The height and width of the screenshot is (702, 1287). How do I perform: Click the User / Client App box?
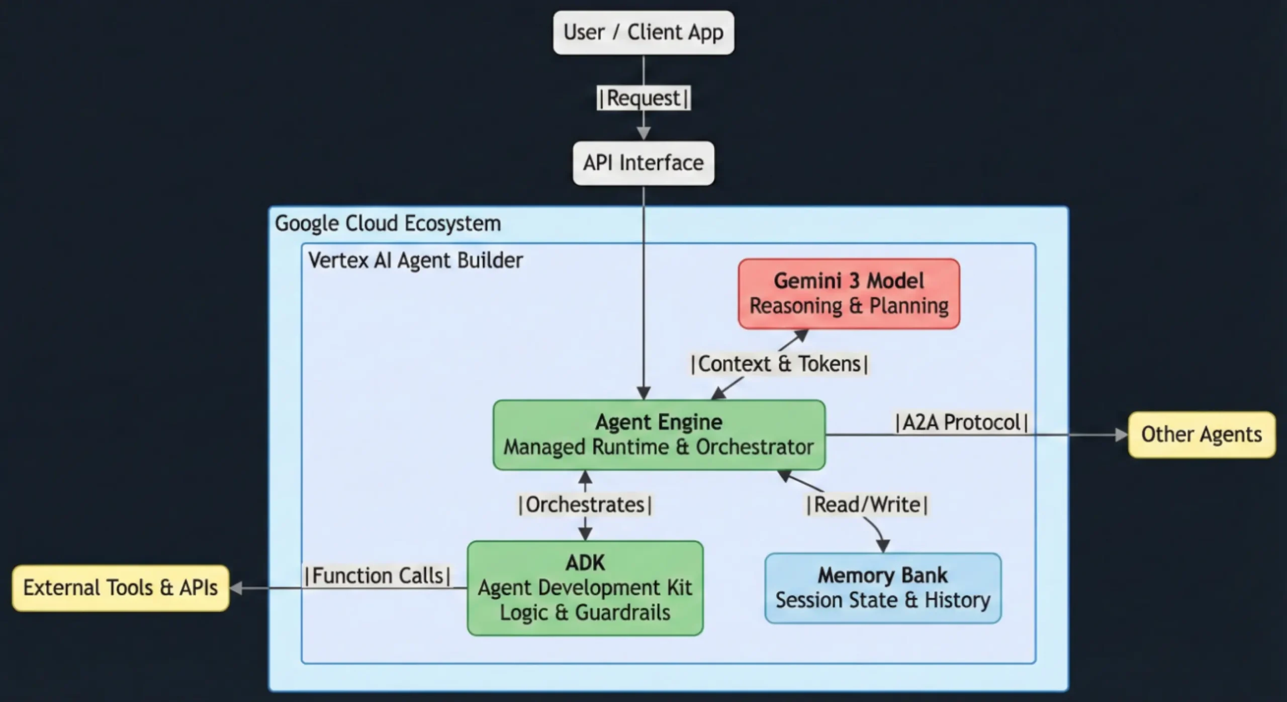(x=643, y=33)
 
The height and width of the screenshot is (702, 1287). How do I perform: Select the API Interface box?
(x=643, y=163)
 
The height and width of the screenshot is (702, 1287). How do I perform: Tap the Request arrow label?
(x=643, y=98)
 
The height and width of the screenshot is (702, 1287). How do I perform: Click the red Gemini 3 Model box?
(x=849, y=294)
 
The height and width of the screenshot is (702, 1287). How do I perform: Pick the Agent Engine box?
(x=659, y=435)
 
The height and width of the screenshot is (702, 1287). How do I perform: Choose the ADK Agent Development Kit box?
(x=585, y=588)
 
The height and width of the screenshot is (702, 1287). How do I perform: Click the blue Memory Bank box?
(x=883, y=588)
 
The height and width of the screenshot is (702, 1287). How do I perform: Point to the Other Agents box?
(x=1202, y=434)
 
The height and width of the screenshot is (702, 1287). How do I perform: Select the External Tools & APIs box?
(x=121, y=588)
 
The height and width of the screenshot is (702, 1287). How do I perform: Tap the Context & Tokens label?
(x=780, y=364)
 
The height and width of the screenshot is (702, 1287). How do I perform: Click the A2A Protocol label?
(x=961, y=422)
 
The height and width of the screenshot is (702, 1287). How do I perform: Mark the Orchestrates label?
(x=585, y=505)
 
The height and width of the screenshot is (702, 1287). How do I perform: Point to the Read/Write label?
(x=867, y=505)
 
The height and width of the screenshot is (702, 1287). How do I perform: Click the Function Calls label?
(x=378, y=576)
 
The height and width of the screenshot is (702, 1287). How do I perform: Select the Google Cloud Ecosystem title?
(x=388, y=223)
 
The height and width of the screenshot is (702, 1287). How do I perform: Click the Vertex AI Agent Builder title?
(x=415, y=260)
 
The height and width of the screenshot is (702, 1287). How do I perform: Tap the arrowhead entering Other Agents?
(x=1122, y=435)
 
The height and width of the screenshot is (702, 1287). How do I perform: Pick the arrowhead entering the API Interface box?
(x=643, y=134)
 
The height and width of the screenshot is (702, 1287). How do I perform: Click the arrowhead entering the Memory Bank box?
(x=883, y=546)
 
